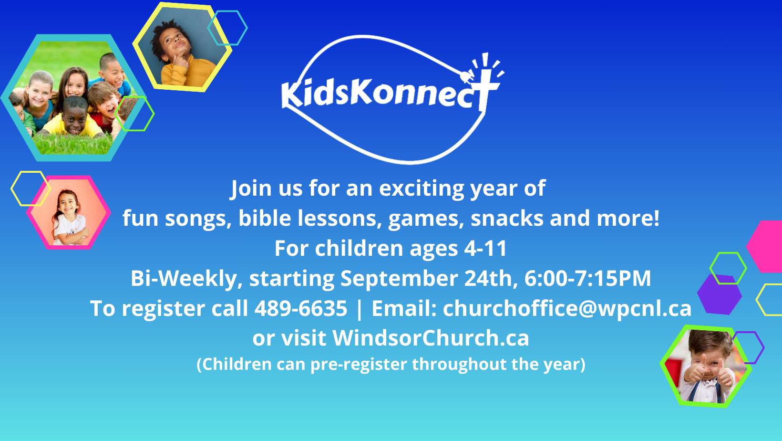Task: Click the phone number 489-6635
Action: point(301,308)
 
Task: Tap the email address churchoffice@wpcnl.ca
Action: point(567,309)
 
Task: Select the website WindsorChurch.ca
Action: point(431,338)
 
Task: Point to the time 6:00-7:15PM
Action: point(587,279)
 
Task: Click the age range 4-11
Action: point(485,249)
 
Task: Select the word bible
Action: point(265,218)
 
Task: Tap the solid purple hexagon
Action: point(719,294)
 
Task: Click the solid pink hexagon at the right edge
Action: point(766,246)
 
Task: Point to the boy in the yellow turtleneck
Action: point(181,53)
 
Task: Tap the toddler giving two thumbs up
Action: point(707,367)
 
